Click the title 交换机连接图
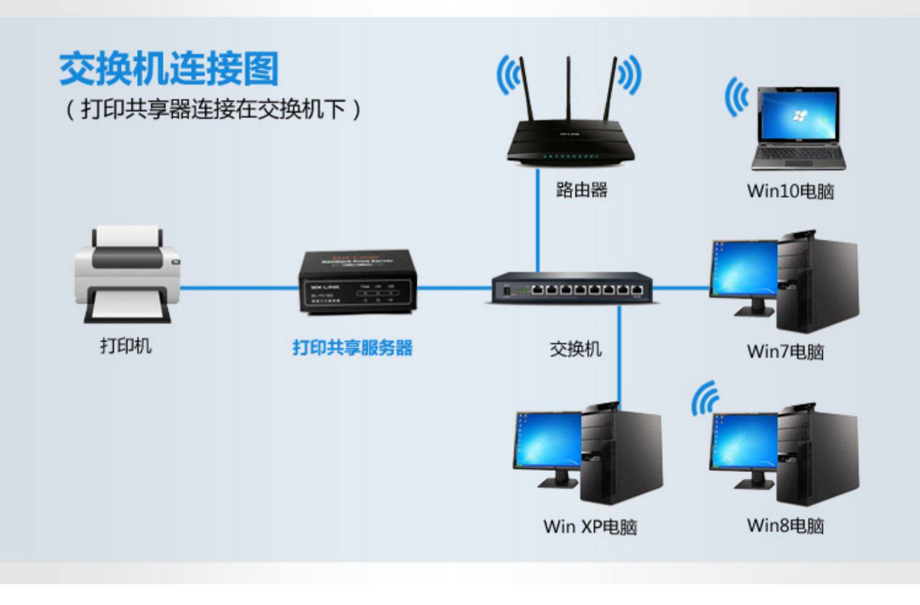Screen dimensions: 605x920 tap(169, 69)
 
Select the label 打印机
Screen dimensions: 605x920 tap(126, 346)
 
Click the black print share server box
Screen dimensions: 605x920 tap(358, 282)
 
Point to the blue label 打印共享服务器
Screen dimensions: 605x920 tap(353, 348)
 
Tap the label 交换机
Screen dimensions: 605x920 tap(575, 349)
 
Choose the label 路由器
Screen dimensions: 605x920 tap(581, 190)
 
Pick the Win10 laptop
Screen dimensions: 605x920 tap(798, 129)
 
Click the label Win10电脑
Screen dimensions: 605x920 tap(791, 191)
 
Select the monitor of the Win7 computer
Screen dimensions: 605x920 tap(743, 270)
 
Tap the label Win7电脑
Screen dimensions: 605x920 tap(786, 352)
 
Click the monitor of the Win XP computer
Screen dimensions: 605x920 tap(548, 441)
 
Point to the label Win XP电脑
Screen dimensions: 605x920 tap(590, 527)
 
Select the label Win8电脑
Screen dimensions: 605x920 tap(786, 526)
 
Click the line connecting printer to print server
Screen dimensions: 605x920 tap(239, 287)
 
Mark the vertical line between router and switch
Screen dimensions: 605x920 tap(538, 221)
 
